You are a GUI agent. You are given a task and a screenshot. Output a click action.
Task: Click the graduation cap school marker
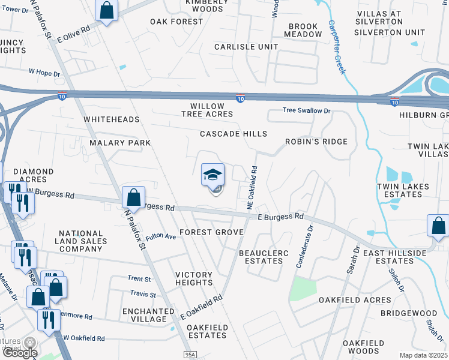[x=212, y=175]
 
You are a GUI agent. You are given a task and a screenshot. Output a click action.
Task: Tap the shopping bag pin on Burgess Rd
[x=133, y=197]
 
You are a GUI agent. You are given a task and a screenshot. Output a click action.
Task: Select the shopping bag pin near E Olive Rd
[x=106, y=10]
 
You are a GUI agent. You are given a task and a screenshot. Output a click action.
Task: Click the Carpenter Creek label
[x=336, y=47]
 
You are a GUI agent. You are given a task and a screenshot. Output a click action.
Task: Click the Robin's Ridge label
[x=317, y=142]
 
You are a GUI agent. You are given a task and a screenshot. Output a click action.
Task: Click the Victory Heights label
[x=193, y=278]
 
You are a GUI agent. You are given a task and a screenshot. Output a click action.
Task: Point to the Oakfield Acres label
[x=355, y=299]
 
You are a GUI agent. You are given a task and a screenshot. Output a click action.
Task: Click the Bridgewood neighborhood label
[x=411, y=313]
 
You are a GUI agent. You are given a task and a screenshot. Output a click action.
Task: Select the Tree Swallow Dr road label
[x=307, y=111]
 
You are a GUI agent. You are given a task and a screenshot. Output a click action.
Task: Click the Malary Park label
[x=120, y=143]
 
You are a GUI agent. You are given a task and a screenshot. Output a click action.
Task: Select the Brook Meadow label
[x=305, y=30]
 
